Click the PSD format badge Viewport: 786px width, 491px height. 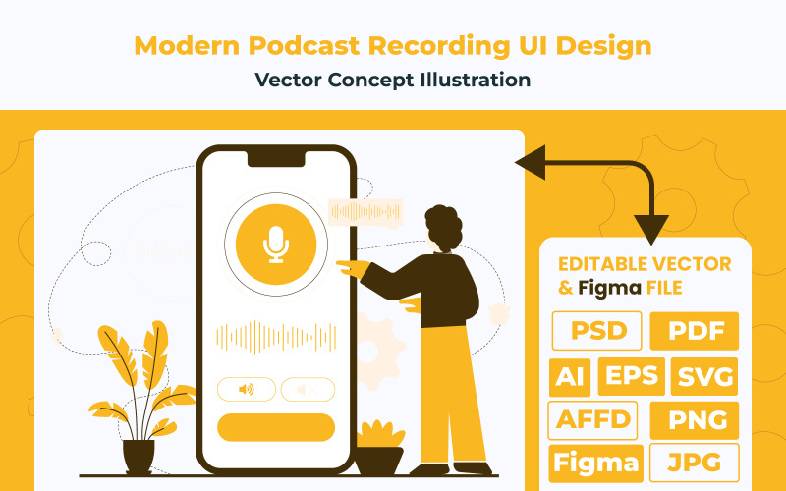coord(597,331)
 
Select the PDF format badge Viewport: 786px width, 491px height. coord(695,331)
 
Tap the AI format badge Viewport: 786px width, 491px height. coord(567,376)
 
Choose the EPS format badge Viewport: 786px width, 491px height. coord(632,376)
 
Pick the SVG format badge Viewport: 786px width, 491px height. coord(705,376)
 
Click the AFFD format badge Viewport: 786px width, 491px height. coord(592,420)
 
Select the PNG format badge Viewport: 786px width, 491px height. coord(695,420)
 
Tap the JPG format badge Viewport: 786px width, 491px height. coord(695,463)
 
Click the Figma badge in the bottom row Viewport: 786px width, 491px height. coord(595,463)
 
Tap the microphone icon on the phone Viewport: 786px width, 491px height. coord(276,245)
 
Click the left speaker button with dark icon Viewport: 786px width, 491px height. coord(246,390)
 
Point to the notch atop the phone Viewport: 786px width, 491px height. coord(276,157)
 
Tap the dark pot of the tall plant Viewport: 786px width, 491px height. coord(139,455)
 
